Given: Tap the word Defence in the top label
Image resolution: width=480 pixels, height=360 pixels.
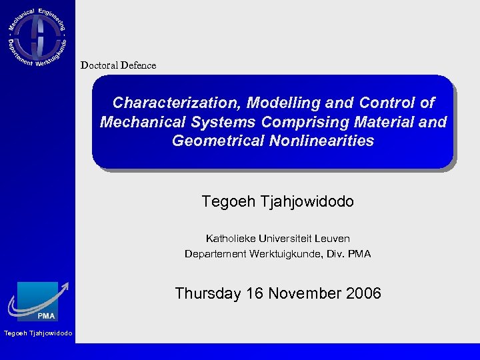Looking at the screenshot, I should pyautogui.click(x=138, y=65).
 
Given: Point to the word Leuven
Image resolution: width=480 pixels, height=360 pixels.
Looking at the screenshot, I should pyautogui.click(x=333, y=238).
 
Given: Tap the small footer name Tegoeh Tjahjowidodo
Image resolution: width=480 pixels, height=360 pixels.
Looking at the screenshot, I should pyautogui.click(x=38, y=333).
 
